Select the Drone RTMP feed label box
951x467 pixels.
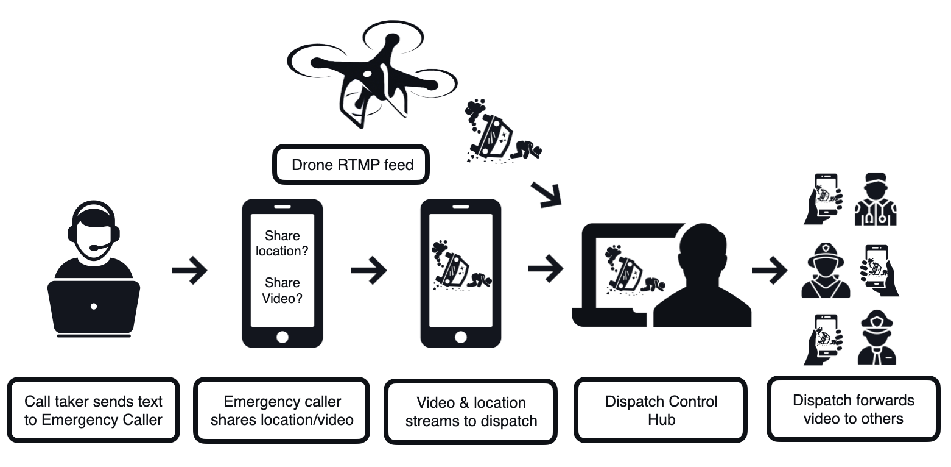coord(353,165)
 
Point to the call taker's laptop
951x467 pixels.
coord(93,306)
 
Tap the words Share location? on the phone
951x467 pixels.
coord(282,243)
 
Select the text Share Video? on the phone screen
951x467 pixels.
coord(282,291)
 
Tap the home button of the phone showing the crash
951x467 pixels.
coord(460,337)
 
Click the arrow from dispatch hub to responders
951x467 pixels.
coord(770,269)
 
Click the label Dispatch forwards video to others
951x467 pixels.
coord(853,409)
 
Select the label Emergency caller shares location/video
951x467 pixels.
coord(282,410)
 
